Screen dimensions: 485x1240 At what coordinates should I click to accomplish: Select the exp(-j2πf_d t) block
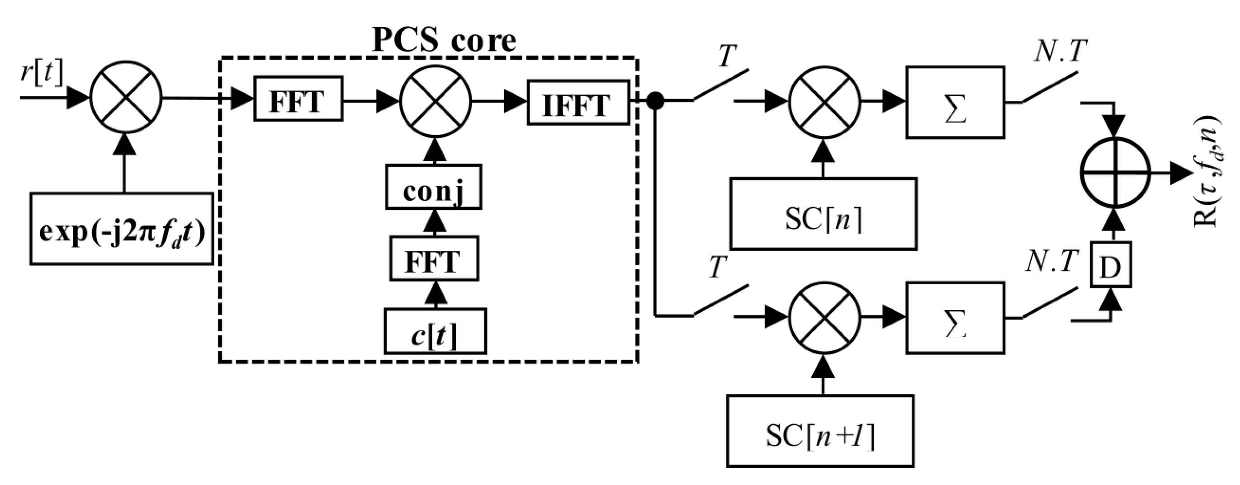click(122, 229)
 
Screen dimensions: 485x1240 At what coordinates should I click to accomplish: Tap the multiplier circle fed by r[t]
click(126, 98)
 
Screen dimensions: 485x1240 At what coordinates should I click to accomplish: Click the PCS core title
click(444, 40)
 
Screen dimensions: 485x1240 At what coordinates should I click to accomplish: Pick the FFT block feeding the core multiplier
click(298, 99)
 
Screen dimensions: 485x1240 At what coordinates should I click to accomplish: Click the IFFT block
click(578, 103)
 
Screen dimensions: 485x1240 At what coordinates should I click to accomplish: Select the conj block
click(433, 187)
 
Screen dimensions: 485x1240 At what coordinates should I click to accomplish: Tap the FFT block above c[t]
click(434, 259)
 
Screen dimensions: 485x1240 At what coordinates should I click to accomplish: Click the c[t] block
click(435, 331)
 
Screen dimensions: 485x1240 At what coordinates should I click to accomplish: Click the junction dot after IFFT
click(655, 101)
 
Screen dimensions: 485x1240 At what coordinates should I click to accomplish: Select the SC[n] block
click(823, 214)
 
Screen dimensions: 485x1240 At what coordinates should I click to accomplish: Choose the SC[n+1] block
click(820, 431)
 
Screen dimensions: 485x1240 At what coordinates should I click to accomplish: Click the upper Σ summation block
click(955, 103)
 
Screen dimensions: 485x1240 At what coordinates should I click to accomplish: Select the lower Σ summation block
click(955, 318)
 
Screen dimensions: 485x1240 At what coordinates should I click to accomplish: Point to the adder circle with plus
click(1115, 172)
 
